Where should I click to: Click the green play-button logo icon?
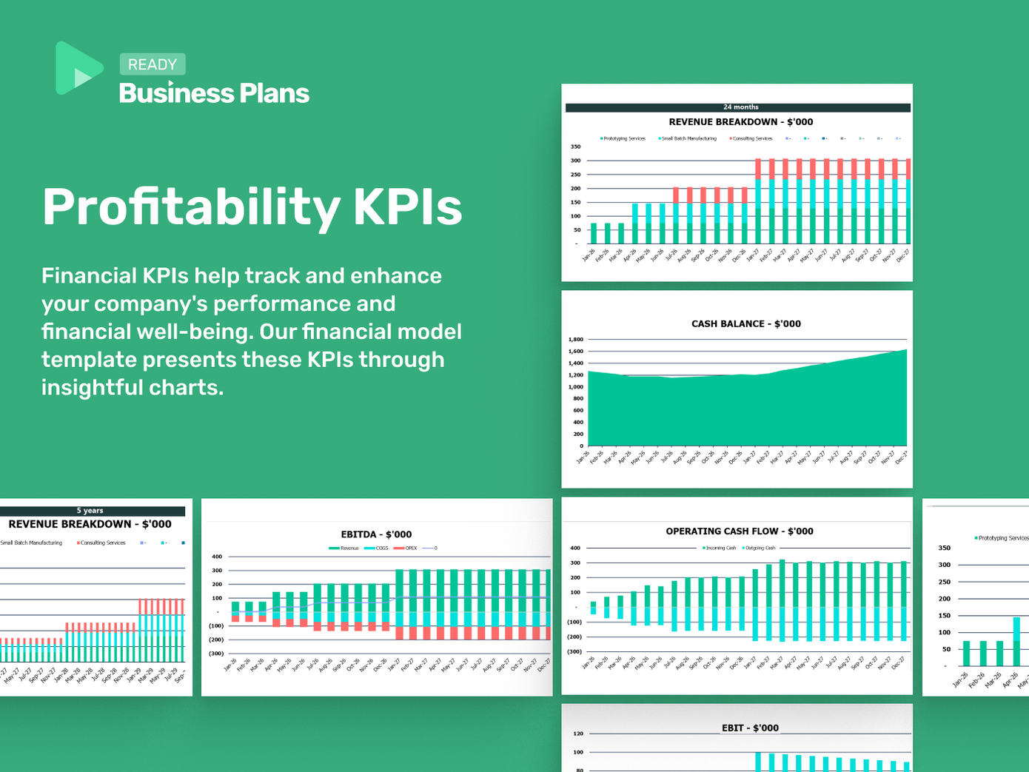point(78,68)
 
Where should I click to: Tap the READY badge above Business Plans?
point(152,64)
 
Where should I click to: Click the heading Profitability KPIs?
point(252,207)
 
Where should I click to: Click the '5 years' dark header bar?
point(90,511)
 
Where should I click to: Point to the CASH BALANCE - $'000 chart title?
point(745,323)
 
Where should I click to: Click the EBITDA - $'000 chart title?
point(376,534)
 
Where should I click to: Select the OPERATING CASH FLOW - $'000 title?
point(739,531)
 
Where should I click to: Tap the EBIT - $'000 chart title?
point(750,728)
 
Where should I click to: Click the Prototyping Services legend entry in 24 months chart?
point(623,138)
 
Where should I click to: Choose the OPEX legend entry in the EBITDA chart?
point(409,548)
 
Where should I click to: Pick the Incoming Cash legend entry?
point(720,548)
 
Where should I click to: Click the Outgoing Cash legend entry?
point(759,548)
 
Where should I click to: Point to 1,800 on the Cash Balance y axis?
point(575,340)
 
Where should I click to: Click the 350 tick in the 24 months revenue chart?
point(575,147)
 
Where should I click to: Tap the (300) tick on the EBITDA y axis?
point(215,654)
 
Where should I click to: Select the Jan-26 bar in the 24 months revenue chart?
point(594,233)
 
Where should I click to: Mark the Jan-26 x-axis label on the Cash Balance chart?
point(583,457)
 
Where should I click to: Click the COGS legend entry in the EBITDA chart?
point(381,548)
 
